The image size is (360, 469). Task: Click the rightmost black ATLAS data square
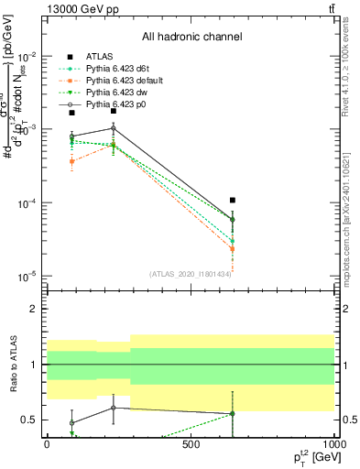(233, 200)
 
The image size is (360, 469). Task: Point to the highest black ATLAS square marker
(113, 110)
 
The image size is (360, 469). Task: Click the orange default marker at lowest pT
(71, 161)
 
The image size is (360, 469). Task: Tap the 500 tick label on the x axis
(191, 443)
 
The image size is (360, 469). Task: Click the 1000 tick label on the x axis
(333, 443)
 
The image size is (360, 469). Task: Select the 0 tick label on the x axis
(47, 443)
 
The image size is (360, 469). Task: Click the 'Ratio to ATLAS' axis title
(14, 365)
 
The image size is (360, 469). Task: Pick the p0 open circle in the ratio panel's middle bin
(113, 408)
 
